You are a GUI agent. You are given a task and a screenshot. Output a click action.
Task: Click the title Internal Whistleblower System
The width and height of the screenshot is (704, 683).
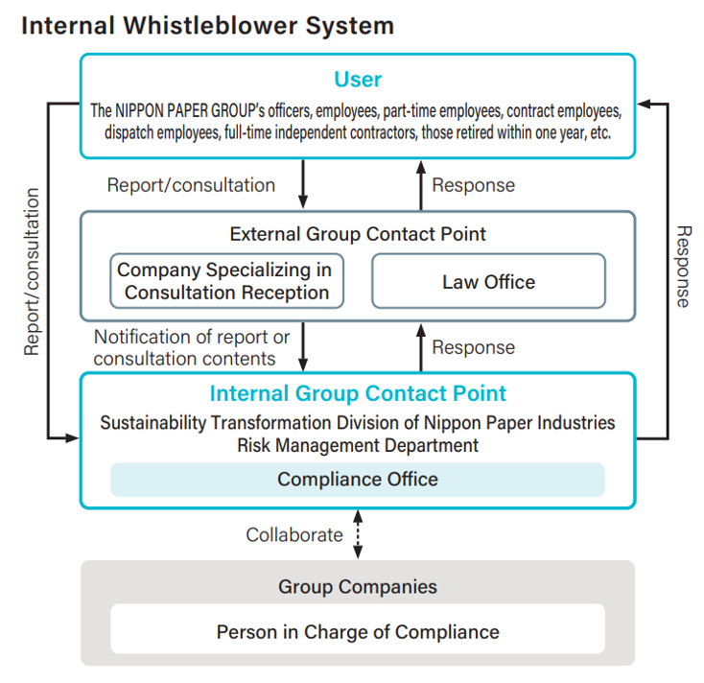coord(207,25)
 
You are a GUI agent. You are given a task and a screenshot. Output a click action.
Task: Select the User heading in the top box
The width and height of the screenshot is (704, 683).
coord(357,79)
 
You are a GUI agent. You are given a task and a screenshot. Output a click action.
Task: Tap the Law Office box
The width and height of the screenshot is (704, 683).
coord(488,281)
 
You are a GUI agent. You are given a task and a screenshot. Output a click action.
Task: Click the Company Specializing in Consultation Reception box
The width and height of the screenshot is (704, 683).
coord(227,281)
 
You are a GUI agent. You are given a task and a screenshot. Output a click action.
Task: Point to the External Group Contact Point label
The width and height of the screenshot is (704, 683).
coord(357,234)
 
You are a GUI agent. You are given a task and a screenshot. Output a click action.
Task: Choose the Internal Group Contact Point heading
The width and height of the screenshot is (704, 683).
coord(357,393)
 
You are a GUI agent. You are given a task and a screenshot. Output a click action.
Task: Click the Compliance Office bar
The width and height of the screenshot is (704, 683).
coord(357,479)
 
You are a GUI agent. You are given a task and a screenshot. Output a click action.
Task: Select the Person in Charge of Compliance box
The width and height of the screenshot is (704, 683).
coord(357,631)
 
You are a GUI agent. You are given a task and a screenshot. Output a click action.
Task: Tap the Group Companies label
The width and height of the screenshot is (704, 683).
coord(357,586)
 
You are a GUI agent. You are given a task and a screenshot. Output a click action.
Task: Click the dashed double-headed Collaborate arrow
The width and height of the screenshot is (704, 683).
coord(358,535)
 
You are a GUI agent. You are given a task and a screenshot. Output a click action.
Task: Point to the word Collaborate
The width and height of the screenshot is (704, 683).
coord(293,535)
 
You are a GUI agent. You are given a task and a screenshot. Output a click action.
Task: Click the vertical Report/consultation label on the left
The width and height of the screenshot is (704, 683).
coord(33,271)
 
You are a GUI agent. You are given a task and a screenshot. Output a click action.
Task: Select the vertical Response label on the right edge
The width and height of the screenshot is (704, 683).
coord(682,267)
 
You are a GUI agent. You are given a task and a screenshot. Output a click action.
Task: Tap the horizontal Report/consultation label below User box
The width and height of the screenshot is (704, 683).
coord(191,185)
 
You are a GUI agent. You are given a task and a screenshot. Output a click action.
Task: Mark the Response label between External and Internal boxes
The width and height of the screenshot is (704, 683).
coord(473,347)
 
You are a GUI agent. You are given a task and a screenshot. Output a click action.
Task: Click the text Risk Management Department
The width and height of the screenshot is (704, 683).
coord(357,444)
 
